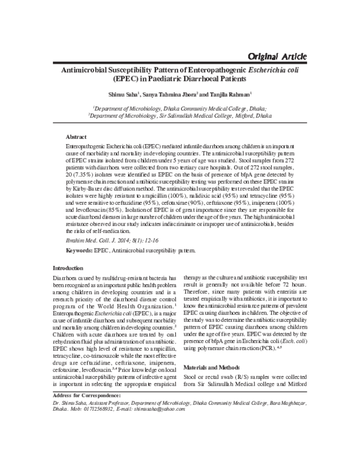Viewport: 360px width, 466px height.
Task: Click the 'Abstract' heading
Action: click(76, 138)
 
